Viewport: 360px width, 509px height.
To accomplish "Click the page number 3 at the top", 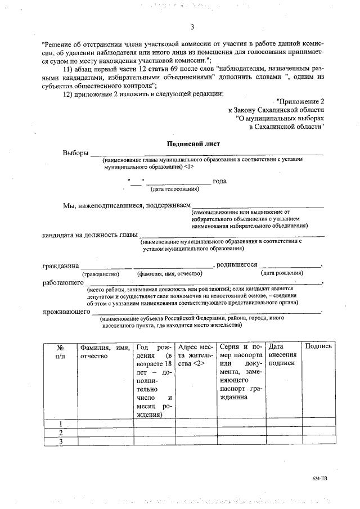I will (192, 27).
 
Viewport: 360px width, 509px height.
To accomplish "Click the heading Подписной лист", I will (192, 143).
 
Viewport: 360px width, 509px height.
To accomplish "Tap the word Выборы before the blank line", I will (76, 153).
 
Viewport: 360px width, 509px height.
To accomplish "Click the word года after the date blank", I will (219, 181).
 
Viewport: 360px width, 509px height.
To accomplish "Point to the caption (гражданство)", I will (101, 273).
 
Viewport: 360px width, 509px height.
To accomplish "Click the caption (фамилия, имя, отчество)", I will (170, 273).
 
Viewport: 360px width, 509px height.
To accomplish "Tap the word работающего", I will (63, 283).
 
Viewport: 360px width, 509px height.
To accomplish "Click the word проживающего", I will (66, 312).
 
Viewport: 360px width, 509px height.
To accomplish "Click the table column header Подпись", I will (318, 346).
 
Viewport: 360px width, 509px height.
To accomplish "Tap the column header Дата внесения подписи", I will (282, 355).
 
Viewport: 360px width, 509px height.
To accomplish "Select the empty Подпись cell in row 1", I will (318, 423).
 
